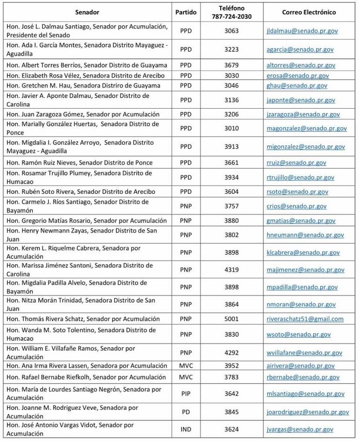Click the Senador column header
click(87, 12)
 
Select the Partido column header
click(186, 12)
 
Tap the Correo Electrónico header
click(309, 12)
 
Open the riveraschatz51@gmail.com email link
click(305, 319)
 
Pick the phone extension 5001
click(231, 319)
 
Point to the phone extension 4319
click(231, 270)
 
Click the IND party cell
click(186, 429)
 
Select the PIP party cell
click(186, 394)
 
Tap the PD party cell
click(186, 412)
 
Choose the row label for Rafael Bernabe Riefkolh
click(87, 377)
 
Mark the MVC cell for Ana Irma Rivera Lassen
click(186, 365)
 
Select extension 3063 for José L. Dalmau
click(231, 31)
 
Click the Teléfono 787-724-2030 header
click(231, 13)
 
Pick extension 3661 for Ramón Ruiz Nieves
click(231, 163)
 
